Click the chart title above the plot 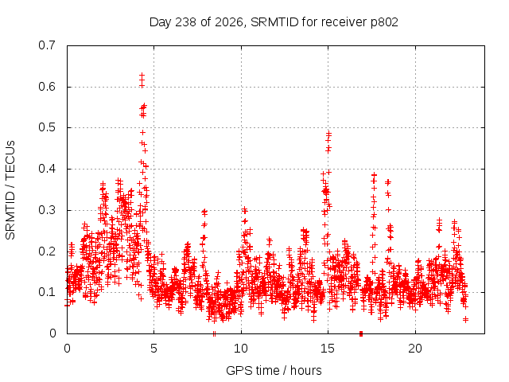pyautogui.click(x=274, y=22)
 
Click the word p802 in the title pyautogui.click(x=384, y=22)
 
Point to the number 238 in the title pyautogui.click(x=185, y=22)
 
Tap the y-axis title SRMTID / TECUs pyautogui.click(x=10, y=190)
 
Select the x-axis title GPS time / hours pyautogui.click(x=274, y=370)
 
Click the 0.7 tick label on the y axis pyautogui.click(x=47, y=45)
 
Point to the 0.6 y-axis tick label pyautogui.click(x=47, y=87)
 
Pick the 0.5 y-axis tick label pyautogui.click(x=47, y=127)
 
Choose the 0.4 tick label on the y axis pyautogui.click(x=47, y=169)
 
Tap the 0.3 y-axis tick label pyautogui.click(x=47, y=210)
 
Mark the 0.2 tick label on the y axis pyautogui.click(x=47, y=251)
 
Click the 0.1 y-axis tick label pyautogui.click(x=47, y=292)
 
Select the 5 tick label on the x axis pyautogui.click(x=153, y=349)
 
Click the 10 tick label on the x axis pyautogui.click(x=241, y=349)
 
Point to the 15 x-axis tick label pyautogui.click(x=328, y=349)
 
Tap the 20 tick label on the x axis pyautogui.click(x=415, y=349)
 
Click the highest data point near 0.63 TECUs pyautogui.click(x=142, y=75)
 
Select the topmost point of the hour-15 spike pyautogui.click(x=328, y=133)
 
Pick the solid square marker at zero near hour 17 pyautogui.click(x=361, y=333)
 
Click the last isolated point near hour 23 pyautogui.click(x=466, y=320)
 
